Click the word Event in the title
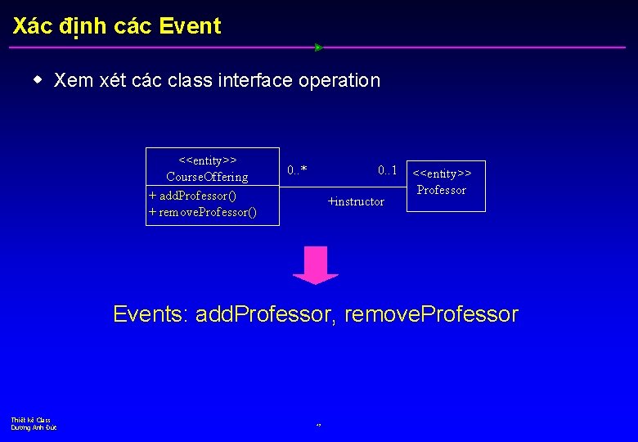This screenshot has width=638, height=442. point(190,26)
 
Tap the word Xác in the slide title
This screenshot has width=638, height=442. point(33,26)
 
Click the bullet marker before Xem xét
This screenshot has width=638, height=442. point(38,80)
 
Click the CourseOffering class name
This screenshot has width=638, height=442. point(207,177)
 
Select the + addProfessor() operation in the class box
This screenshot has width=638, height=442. point(193,196)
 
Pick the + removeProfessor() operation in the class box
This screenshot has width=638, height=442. point(203,213)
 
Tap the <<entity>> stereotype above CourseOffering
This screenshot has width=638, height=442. point(208,160)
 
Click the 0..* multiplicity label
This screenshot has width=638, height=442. point(298,170)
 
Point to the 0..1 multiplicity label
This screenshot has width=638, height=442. point(388,170)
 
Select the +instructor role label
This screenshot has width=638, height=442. point(356,201)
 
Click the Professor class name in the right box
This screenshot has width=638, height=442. point(442,190)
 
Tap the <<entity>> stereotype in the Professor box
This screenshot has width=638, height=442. point(443,174)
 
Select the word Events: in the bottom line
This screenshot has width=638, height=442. point(151,314)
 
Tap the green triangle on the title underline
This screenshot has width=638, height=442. point(319,47)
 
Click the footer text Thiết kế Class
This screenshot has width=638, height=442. point(31,420)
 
